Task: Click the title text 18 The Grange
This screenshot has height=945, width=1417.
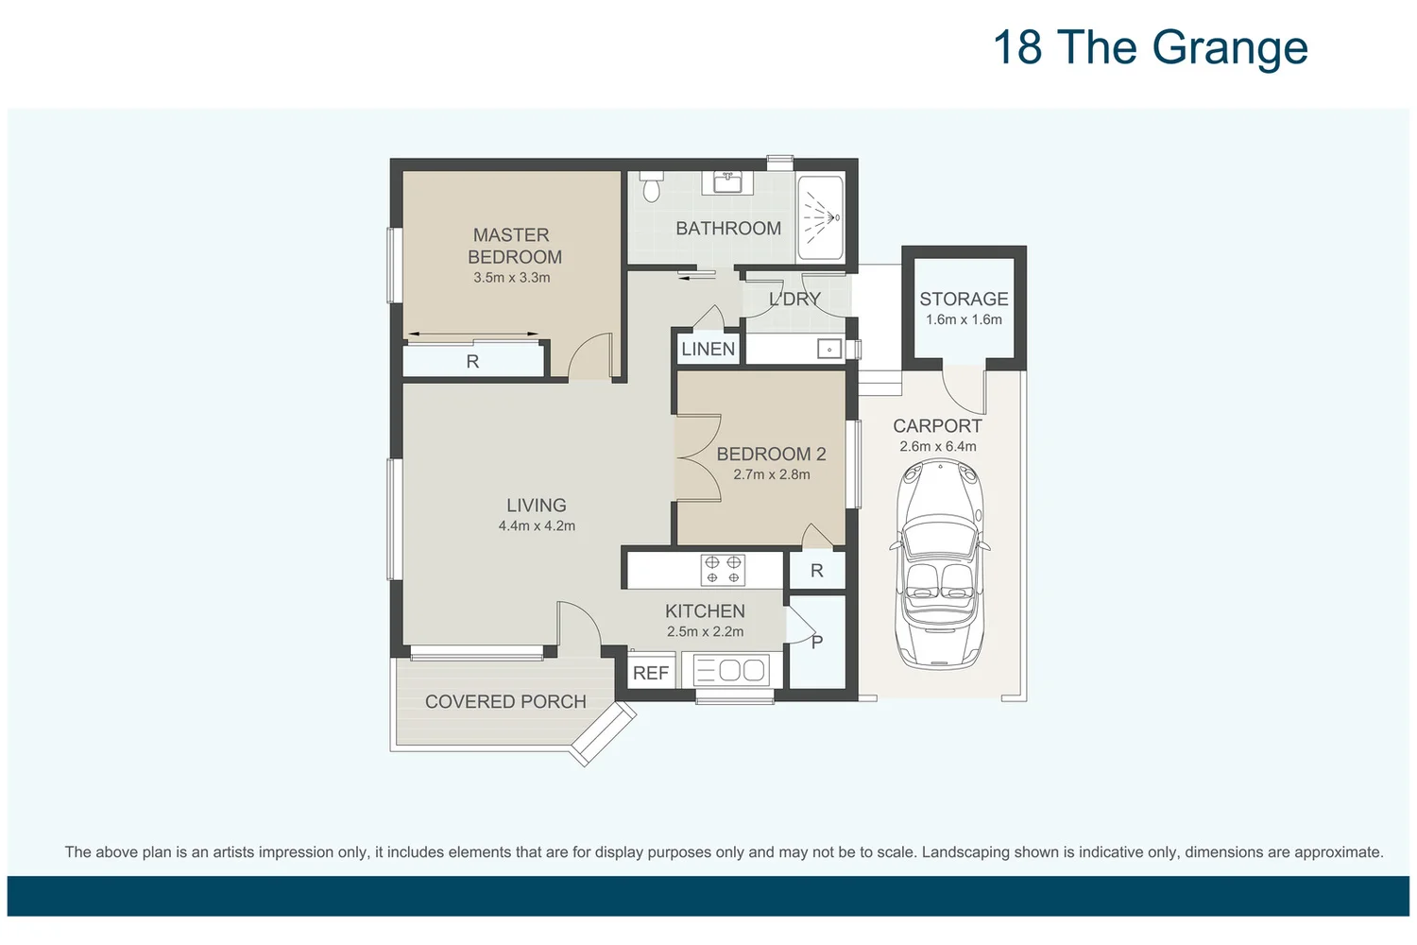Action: pyautogui.click(x=1150, y=47)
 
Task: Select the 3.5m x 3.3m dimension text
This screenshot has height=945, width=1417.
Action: pyautogui.click(x=512, y=278)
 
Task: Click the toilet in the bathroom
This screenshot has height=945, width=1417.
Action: pyautogui.click(x=651, y=187)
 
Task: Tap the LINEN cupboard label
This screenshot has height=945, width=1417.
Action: pyautogui.click(x=708, y=349)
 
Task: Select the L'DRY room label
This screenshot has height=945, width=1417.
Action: pyautogui.click(x=794, y=299)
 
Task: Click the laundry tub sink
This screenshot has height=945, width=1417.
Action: pyautogui.click(x=828, y=350)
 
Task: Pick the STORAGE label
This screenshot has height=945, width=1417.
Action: pyautogui.click(x=964, y=299)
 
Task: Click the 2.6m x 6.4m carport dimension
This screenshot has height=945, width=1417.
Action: pyautogui.click(x=937, y=446)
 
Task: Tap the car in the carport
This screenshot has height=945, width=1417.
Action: pyautogui.click(x=940, y=563)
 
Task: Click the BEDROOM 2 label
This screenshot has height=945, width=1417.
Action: pyautogui.click(x=771, y=454)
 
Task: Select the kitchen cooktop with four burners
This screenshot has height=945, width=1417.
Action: pyautogui.click(x=723, y=570)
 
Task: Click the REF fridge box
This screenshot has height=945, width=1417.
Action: pyautogui.click(x=651, y=673)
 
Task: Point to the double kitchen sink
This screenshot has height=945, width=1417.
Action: pyautogui.click(x=731, y=671)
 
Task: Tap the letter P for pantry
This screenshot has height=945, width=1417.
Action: pyautogui.click(x=817, y=642)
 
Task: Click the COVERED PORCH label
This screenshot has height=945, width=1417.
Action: pyautogui.click(x=505, y=701)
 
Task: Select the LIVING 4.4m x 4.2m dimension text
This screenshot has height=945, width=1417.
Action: pyautogui.click(x=537, y=526)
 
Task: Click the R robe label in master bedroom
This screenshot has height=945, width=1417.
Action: pyautogui.click(x=472, y=361)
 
